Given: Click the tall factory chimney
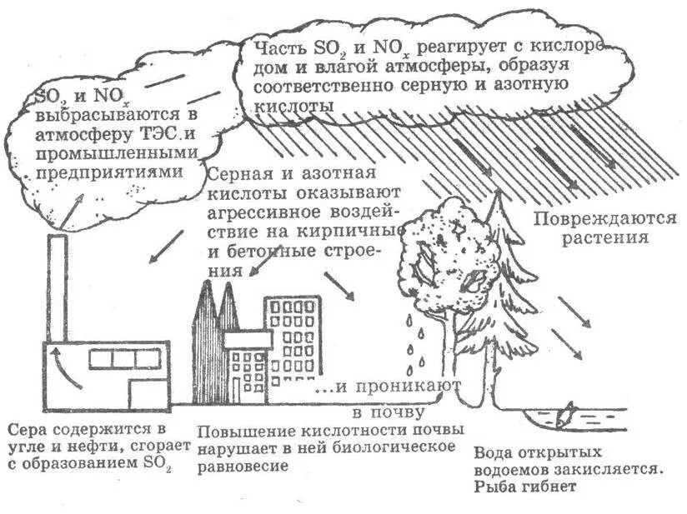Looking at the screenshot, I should click(x=57, y=287).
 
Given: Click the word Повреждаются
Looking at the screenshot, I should click(x=604, y=219).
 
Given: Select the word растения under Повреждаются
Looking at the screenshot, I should click(x=604, y=237).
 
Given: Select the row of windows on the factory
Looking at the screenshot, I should click(x=125, y=358).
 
